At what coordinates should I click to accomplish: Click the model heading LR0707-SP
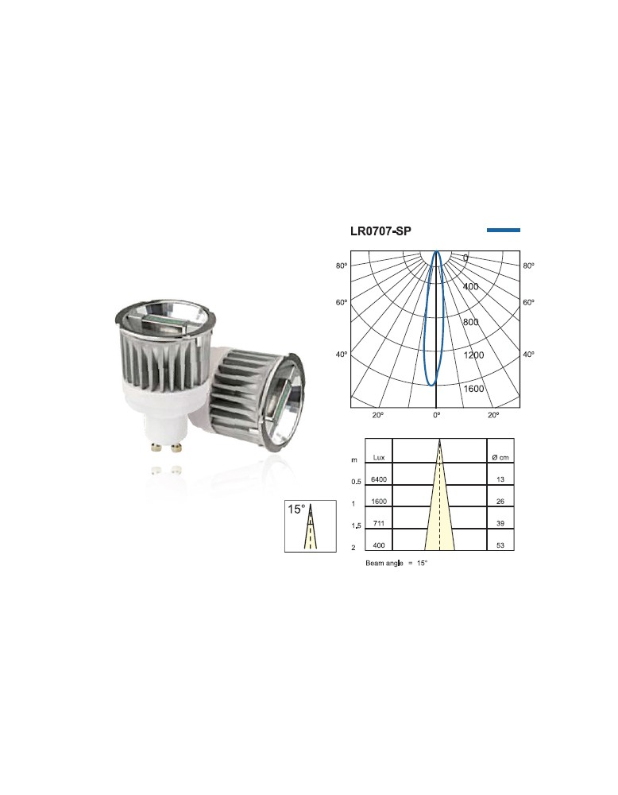pyautogui.click(x=380, y=231)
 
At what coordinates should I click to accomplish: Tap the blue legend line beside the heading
pyautogui.click(x=504, y=231)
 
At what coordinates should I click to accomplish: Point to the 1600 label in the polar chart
pyautogui.click(x=474, y=389)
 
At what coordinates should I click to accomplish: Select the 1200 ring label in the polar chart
pyautogui.click(x=473, y=355)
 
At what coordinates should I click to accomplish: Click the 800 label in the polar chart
pyautogui.click(x=471, y=322)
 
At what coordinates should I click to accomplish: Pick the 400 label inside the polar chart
pyautogui.click(x=470, y=286)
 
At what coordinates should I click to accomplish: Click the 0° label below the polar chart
pyautogui.click(x=437, y=415)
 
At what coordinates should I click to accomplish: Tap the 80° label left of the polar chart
pyautogui.click(x=342, y=266)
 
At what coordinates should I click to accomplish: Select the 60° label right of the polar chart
pyautogui.click(x=528, y=303)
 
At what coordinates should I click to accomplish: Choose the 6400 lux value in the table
pyautogui.click(x=378, y=479)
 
